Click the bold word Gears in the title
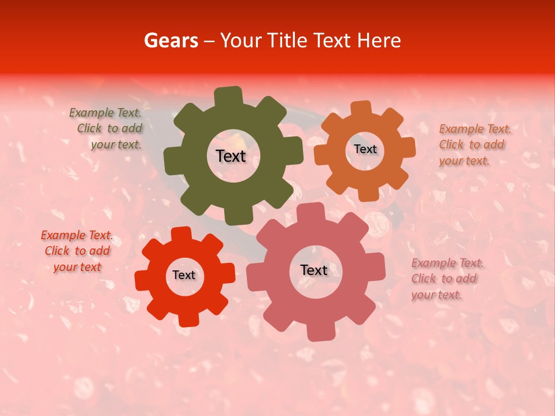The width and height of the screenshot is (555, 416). coord(171,40)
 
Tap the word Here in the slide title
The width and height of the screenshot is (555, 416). coord(378,40)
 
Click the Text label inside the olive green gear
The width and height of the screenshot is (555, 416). coord(231,156)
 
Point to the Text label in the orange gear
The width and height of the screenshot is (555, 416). coord(365,149)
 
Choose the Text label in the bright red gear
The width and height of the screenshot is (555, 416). coord(184,275)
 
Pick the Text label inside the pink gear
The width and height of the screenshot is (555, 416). coord(314,270)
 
